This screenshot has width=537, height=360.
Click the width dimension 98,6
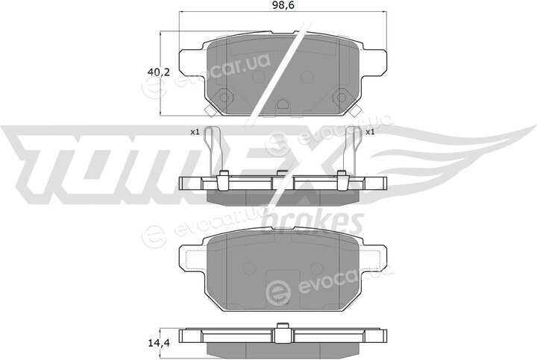[x=283, y=4]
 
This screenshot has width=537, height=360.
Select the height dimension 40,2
[x=159, y=72]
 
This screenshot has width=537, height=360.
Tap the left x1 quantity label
[x=195, y=132]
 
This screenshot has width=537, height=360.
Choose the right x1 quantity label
[x=370, y=132]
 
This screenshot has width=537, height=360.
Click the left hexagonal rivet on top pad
[x=224, y=97]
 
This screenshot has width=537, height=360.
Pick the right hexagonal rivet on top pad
[x=342, y=97]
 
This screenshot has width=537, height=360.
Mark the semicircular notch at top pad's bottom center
[x=283, y=103]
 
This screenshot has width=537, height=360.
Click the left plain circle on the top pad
[x=257, y=77]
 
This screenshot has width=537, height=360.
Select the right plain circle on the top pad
[x=307, y=77]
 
